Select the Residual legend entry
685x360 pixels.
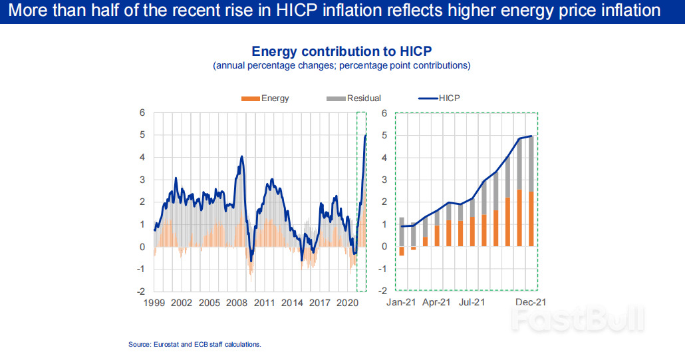tap(354, 98)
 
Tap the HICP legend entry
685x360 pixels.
tap(440, 98)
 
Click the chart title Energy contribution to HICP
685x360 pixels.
tap(342, 52)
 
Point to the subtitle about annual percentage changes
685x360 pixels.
tap(342, 65)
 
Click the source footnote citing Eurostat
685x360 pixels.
tap(195, 344)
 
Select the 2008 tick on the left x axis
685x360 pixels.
tap(237, 302)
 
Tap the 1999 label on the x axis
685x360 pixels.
tap(154, 302)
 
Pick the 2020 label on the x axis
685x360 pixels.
tap(347, 302)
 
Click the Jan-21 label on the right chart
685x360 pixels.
tap(402, 302)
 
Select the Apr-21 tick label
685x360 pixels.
tap(437, 302)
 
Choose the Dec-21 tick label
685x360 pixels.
tap(531, 302)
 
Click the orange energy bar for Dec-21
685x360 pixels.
tap(530, 219)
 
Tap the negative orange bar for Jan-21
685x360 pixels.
tap(402, 251)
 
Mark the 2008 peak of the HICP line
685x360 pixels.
tap(241, 157)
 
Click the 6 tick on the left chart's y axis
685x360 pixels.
tap(142, 112)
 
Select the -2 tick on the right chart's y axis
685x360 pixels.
tap(382, 291)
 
